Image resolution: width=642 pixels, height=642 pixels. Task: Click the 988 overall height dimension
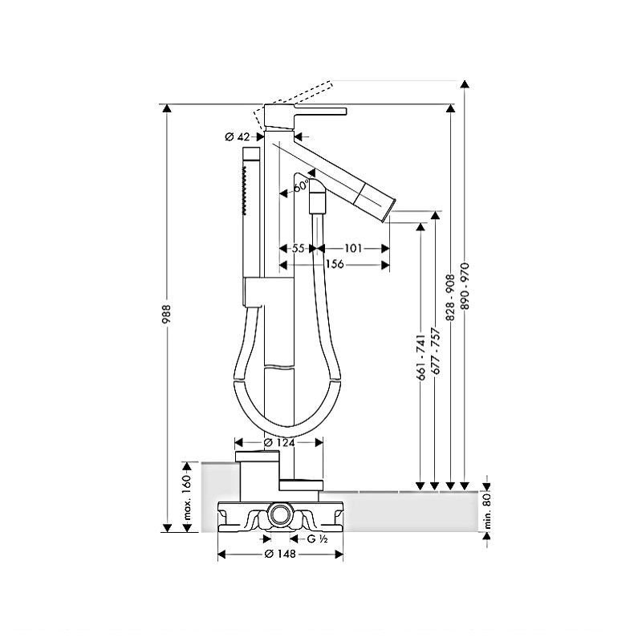coord(166,314)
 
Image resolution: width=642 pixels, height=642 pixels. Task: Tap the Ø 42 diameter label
coord(238,136)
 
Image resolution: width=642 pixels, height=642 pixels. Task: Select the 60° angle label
coord(302,185)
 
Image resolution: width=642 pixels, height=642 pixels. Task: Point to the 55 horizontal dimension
coord(298,249)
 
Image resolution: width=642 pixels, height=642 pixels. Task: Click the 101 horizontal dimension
coord(353,249)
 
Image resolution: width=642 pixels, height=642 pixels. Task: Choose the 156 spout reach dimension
coord(335,264)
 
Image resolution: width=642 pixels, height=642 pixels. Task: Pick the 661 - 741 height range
coord(421,357)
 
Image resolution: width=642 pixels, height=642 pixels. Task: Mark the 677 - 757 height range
coord(435,351)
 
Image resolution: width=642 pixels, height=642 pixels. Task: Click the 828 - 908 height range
coord(450,298)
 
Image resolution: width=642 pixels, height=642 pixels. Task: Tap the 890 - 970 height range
coord(465,286)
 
